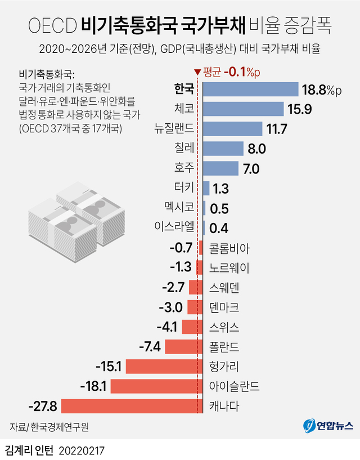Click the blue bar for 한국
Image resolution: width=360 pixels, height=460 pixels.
(x=250, y=90)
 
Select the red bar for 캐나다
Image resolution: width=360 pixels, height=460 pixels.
(x=132, y=406)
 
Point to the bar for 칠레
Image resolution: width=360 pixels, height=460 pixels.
(x=222, y=149)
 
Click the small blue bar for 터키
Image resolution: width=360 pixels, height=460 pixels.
(x=206, y=188)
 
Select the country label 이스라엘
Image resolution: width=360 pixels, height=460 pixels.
(x=174, y=227)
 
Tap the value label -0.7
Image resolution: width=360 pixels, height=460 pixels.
(x=181, y=247)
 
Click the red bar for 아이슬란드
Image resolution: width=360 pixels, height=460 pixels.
(x=156, y=386)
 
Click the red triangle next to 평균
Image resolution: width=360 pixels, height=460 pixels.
(x=196, y=72)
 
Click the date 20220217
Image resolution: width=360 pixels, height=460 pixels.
(x=82, y=450)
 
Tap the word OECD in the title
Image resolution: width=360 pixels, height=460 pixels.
(x=51, y=25)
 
